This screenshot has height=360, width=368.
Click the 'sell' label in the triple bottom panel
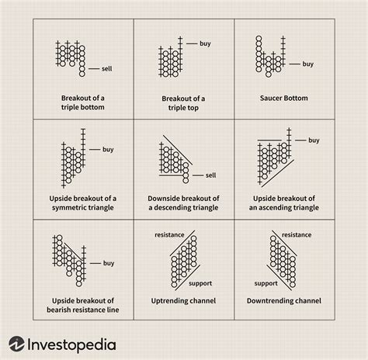pyautogui.click(x=107, y=69)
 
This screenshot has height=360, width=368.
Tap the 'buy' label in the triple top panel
pyautogui.click(x=205, y=43)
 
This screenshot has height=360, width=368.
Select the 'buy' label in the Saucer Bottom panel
pyautogui.click(x=308, y=64)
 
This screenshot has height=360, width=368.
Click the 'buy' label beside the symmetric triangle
pyautogui.click(x=108, y=150)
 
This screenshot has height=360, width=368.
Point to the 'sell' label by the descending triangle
pyautogui.click(x=211, y=175)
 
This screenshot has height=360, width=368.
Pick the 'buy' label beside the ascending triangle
pyautogui.click(x=314, y=140)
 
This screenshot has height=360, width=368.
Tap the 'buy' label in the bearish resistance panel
pyautogui.click(x=109, y=263)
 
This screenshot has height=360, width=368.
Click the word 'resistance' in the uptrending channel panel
pyautogui.click(x=169, y=235)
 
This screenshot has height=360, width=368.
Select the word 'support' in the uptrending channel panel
pyautogui.click(x=200, y=284)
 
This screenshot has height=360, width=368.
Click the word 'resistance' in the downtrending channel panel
pyautogui.click(x=297, y=235)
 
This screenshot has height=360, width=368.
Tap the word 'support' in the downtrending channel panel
pyautogui.click(x=266, y=284)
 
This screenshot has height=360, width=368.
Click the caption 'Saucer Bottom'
pyautogui.click(x=284, y=99)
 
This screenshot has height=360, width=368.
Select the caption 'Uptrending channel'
pyautogui.click(x=183, y=301)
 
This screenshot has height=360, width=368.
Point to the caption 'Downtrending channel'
pyautogui.click(x=284, y=301)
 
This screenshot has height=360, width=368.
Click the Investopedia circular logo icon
pyautogui.click(x=16, y=344)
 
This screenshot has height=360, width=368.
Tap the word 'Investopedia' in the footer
pyautogui.click(x=71, y=345)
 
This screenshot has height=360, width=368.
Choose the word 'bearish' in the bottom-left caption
pyautogui.click(x=60, y=310)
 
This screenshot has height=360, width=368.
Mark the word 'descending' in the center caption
pyautogui.click(x=173, y=208)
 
